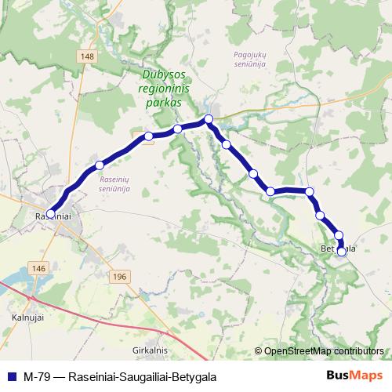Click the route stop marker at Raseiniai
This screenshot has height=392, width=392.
click(50, 213)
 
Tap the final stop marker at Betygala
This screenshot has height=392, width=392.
click(341, 252)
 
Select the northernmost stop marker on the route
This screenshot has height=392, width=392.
click(209, 119)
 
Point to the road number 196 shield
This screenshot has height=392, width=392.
click(119, 278)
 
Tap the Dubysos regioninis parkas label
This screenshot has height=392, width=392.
click(163, 89)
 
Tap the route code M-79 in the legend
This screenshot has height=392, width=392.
click(35, 376)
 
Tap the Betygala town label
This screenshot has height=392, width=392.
click(339, 249)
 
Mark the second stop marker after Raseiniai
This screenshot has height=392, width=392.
click(148, 136)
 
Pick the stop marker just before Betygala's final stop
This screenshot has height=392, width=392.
click(339, 235)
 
